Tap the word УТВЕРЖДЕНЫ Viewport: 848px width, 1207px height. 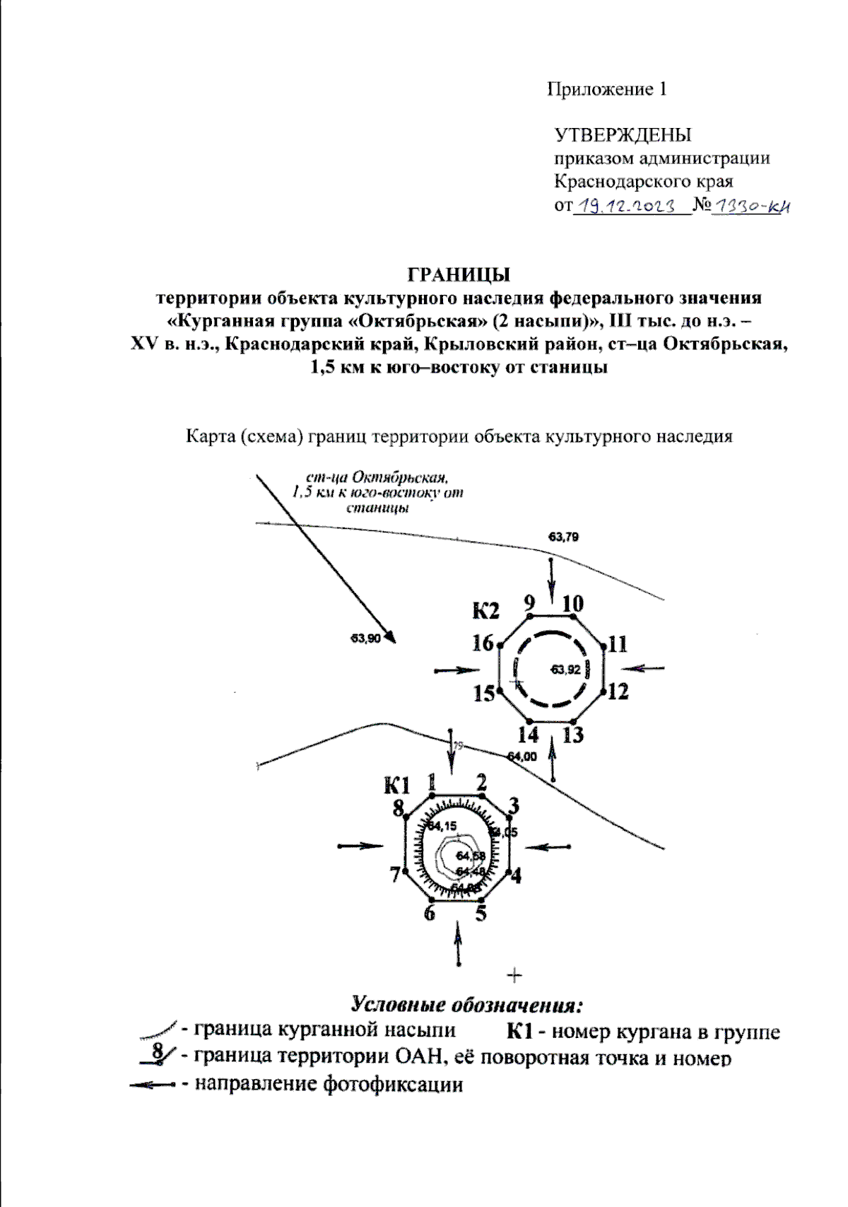(623, 135)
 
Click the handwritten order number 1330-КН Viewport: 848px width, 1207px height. (748, 207)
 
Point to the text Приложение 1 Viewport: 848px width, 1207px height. (607, 90)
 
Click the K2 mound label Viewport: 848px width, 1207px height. (486, 610)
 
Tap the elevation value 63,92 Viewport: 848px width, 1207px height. (566, 669)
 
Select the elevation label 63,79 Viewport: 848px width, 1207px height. (563, 537)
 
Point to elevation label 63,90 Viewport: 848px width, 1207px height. (365, 639)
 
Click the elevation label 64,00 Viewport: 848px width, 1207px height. (522, 757)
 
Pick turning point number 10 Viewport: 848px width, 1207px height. (572, 604)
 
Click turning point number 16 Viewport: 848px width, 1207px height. (483, 643)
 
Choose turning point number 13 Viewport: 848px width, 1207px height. (573, 735)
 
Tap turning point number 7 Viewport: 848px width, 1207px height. (395, 875)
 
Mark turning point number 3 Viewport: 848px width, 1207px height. (514, 805)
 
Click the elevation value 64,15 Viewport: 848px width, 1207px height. (443, 826)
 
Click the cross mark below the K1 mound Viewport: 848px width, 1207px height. (515, 976)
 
